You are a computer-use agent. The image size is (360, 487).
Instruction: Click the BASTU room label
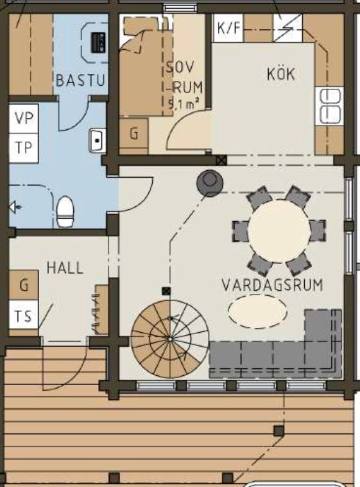(81, 80)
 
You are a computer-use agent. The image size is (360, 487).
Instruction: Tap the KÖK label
(281, 74)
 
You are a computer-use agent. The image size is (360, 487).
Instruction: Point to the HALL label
(65, 268)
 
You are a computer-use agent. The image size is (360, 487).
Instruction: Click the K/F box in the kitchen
(228, 28)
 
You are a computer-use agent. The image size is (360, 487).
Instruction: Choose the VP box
(24, 118)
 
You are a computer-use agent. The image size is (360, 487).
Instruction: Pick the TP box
(24, 148)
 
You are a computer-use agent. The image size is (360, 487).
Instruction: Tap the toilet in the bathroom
(66, 211)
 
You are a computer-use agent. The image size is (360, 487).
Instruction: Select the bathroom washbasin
(97, 140)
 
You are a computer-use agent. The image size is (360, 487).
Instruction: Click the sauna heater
(98, 42)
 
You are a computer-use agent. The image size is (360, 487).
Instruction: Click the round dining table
(279, 231)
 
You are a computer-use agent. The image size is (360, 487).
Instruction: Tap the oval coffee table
(258, 311)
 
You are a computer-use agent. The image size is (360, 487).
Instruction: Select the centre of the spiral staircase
(170, 339)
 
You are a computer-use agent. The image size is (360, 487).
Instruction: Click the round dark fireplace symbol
(210, 183)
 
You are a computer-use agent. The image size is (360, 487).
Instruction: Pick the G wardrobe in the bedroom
(134, 134)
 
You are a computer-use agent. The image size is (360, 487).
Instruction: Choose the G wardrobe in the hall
(24, 285)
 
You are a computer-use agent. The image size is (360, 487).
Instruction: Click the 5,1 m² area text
(184, 103)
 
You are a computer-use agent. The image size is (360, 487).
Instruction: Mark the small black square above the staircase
(166, 291)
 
